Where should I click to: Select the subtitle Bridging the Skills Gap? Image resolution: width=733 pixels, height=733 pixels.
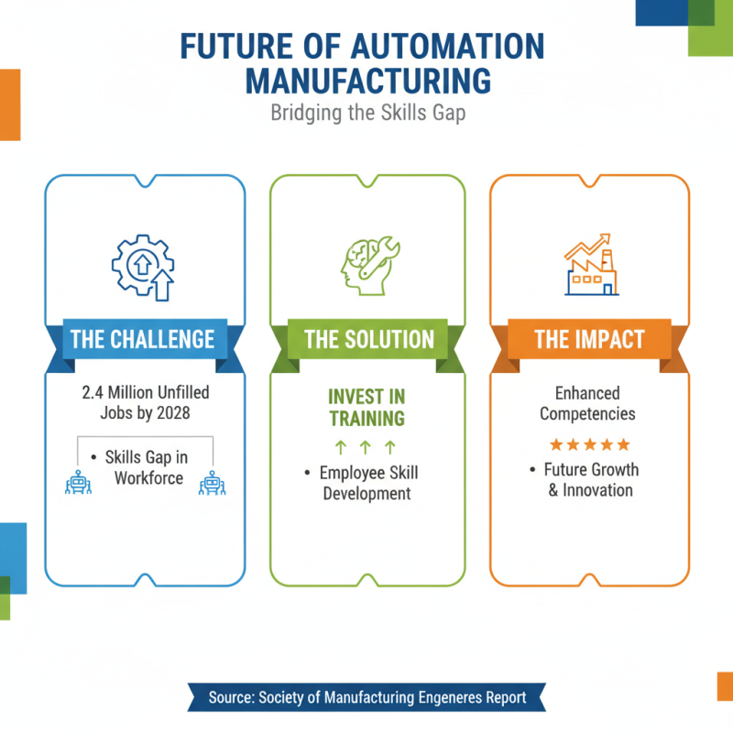click(366, 115)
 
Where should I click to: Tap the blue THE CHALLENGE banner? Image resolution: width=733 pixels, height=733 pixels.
click(142, 340)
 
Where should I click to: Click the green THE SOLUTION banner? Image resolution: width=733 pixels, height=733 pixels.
click(368, 340)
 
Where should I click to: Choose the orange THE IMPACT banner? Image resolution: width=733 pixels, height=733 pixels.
click(589, 340)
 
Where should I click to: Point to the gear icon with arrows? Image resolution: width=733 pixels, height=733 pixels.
click(142, 267)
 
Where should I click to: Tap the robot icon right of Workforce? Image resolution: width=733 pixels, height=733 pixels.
click(213, 483)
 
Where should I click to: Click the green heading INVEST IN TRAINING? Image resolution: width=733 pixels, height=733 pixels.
click(366, 408)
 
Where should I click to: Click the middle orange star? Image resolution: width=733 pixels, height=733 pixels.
click(589, 444)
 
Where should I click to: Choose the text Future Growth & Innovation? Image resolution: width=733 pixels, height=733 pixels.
click(589, 480)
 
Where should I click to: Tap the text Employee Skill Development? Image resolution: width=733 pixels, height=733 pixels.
click(366, 483)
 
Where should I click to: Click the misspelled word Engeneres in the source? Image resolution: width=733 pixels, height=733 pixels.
click(439, 698)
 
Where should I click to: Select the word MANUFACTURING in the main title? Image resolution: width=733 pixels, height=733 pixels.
click(367, 80)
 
